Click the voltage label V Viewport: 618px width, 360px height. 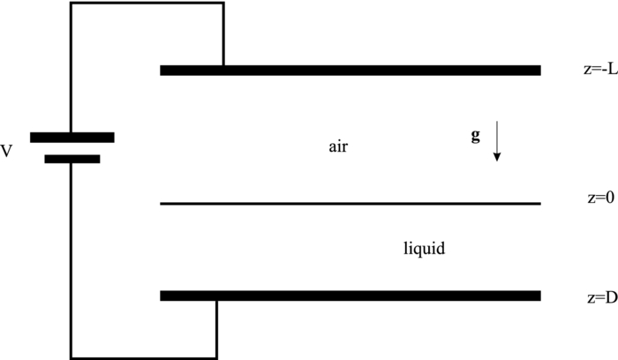click(7, 152)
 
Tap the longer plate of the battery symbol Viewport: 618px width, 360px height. click(72, 137)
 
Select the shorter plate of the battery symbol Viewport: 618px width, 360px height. click(72, 160)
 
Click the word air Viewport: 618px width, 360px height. click(339, 147)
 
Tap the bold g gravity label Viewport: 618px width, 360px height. click(476, 136)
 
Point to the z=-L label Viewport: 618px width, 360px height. click(587, 70)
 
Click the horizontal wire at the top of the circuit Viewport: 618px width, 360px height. click(147, 3)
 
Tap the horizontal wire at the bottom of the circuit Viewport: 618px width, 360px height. click(144, 357)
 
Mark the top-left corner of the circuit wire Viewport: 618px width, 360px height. click(72, 3)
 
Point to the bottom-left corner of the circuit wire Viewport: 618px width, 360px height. click(72, 357)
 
